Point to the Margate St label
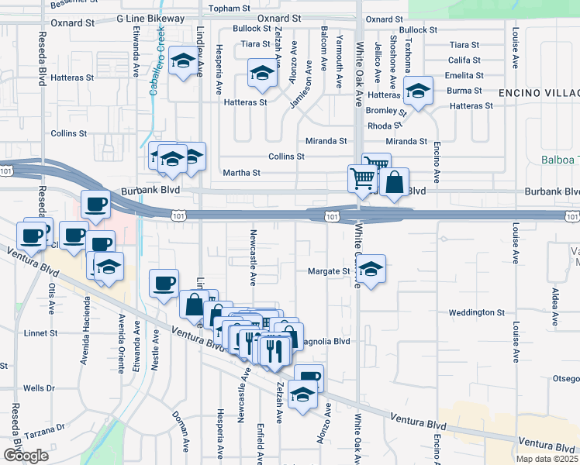[330, 271]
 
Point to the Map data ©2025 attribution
[547, 459]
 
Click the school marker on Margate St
[371, 270]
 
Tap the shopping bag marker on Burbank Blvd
[395, 184]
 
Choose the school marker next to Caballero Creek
[183, 60]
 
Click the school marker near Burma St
[418, 92]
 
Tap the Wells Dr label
[38, 387]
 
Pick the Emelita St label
[464, 76]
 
